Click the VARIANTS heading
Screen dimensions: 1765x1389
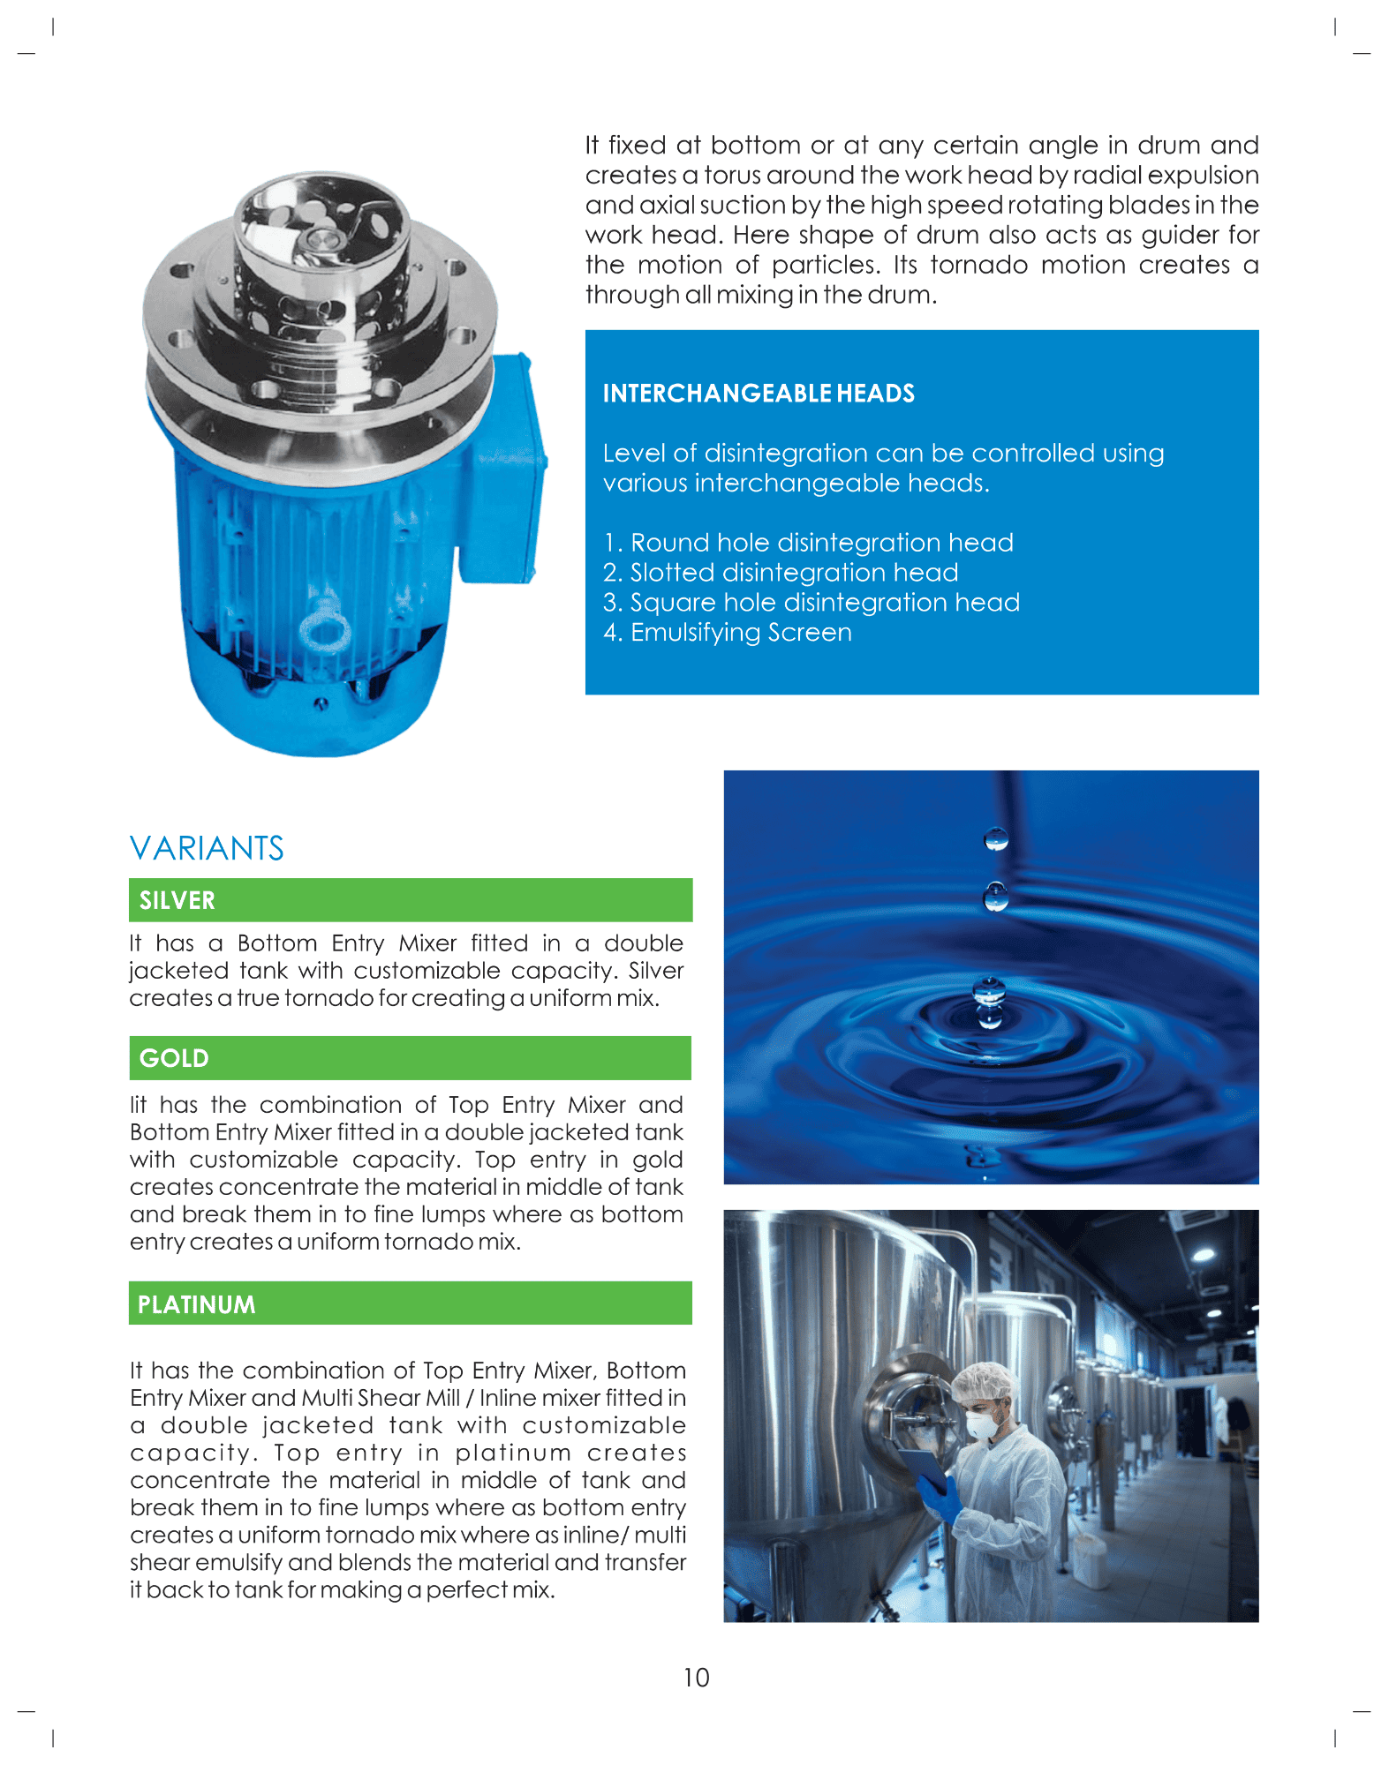(x=207, y=848)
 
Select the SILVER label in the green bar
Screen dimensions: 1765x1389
(x=177, y=900)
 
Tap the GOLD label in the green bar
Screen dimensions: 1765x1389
(x=174, y=1058)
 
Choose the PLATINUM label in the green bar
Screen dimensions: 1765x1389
(x=196, y=1304)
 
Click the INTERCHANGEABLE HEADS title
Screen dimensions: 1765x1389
(x=759, y=394)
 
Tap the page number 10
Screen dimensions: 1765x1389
(x=696, y=1678)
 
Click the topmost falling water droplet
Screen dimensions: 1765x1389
(x=996, y=838)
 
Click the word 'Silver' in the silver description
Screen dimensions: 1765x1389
(x=655, y=971)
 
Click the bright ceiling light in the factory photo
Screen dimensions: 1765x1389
(x=1203, y=1253)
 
